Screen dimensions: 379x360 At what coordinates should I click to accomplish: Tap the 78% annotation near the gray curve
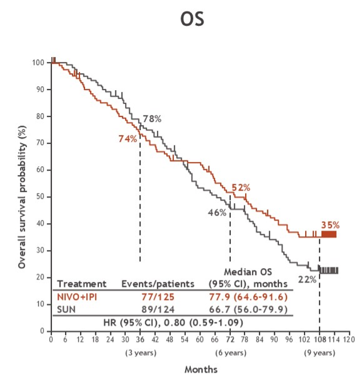[x=152, y=119]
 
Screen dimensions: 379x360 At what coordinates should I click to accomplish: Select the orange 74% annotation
[x=127, y=139]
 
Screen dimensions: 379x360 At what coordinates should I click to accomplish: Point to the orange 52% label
[x=241, y=187]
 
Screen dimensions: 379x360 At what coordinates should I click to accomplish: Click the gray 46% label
[x=217, y=212]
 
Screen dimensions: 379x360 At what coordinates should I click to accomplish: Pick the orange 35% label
[x=330, y=225]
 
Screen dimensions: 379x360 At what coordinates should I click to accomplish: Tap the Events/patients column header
[x=158, y=283]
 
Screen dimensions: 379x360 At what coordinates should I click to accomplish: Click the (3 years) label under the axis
[x=140, y=352]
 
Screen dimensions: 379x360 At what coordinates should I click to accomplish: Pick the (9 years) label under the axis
[x=319, y=352]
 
